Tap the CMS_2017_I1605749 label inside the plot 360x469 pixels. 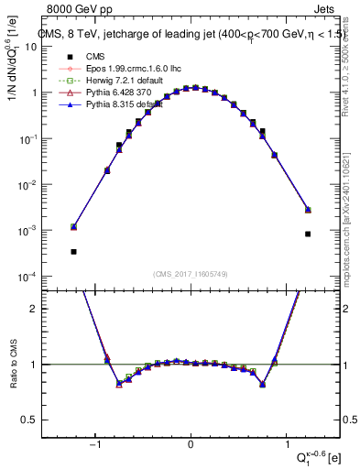(x=190, y=274)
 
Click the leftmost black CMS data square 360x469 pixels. (x=73, y=251)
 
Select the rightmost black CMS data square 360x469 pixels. (x=308, y=234)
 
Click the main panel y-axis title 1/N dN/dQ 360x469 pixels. (x=13, y=54)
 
